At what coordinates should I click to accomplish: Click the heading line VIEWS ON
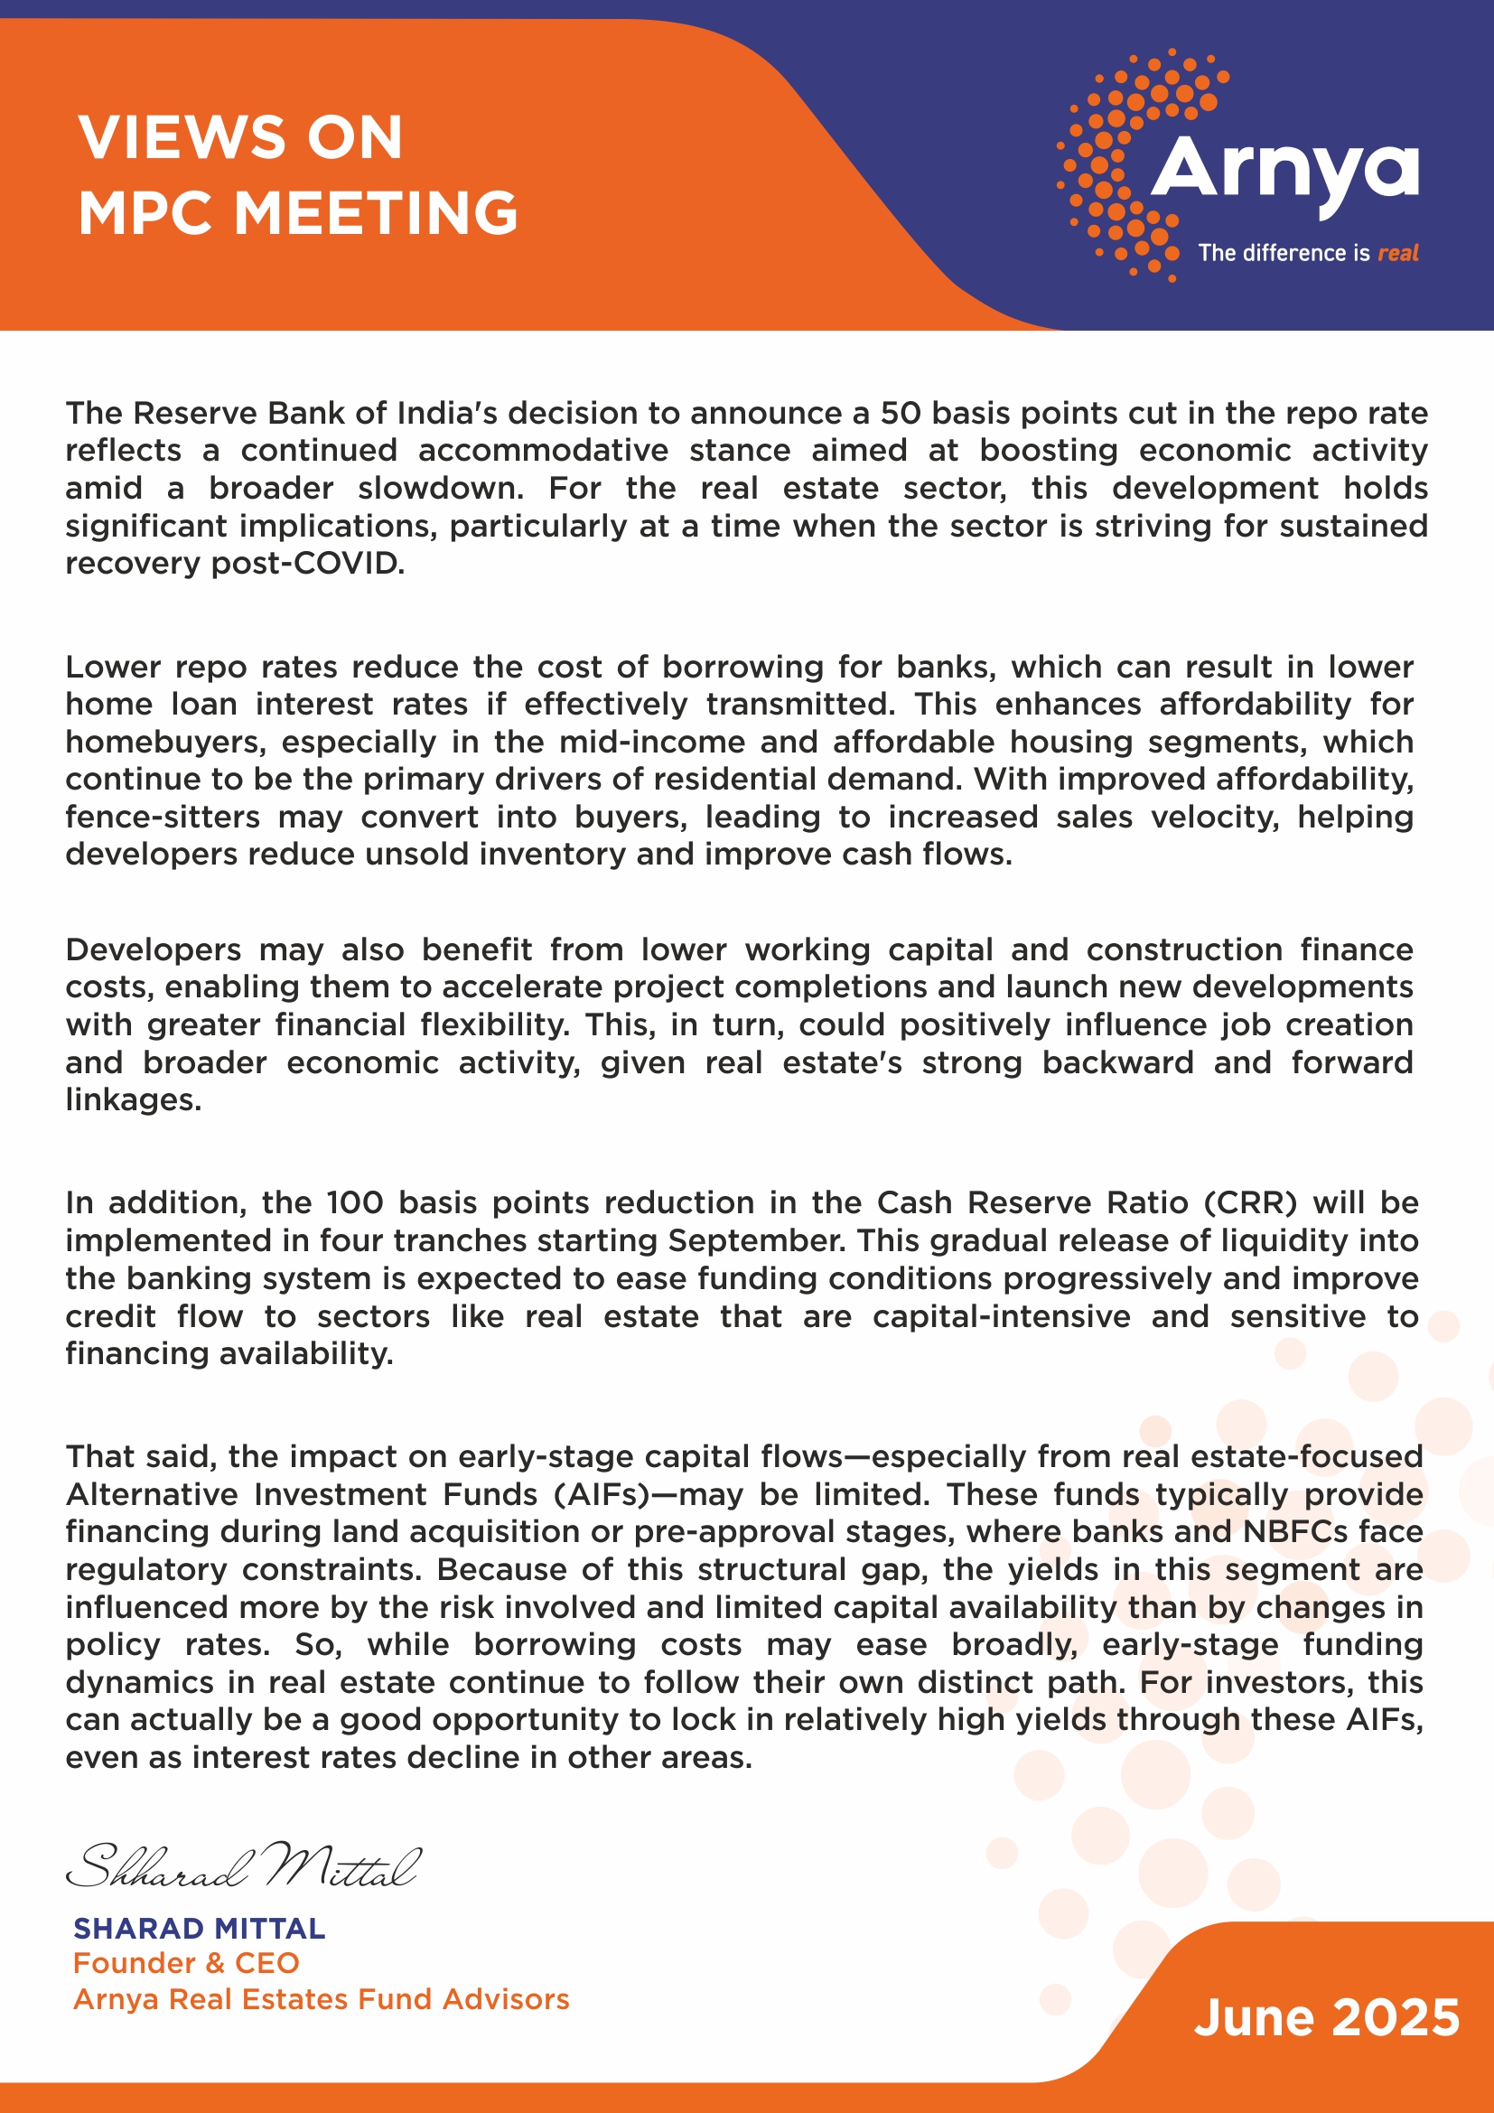(x=240, y=138)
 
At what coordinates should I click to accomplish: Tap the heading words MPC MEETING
(x=298, y=213)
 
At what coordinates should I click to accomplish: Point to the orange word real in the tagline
(x=1397, y=253)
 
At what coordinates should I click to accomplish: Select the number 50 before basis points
(x=901, y=413)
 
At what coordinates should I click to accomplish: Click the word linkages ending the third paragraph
(x=133, y=1099)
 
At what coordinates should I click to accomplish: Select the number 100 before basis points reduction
(x=354, y=1202)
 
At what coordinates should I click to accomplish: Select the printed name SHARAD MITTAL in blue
(x=199, y=1928)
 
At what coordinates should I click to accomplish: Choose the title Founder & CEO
(x=186, y=1963)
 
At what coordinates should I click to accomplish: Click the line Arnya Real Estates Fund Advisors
(x=321, y=1999)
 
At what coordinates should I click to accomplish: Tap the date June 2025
(x=1326, y=2017)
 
